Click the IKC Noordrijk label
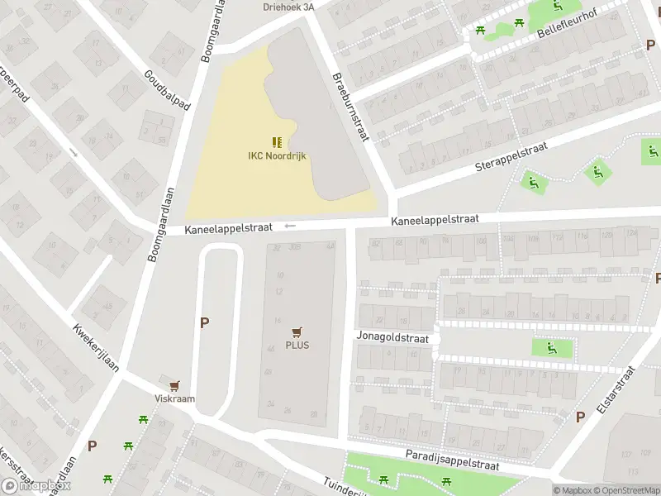click(277, 155)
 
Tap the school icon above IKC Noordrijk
click(277, 142)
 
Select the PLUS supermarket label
click(297, 345)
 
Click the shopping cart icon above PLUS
click(297, 331)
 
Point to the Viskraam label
click(174, 398)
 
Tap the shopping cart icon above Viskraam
click(174, 385)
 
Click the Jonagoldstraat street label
click(392, 338)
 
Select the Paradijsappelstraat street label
click(452, 460)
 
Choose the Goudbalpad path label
click(166, 91)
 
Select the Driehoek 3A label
click(288, 6)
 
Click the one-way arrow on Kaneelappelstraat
click(289, 226)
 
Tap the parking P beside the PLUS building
click(204, 322)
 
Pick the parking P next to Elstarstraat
click(580, 417)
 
